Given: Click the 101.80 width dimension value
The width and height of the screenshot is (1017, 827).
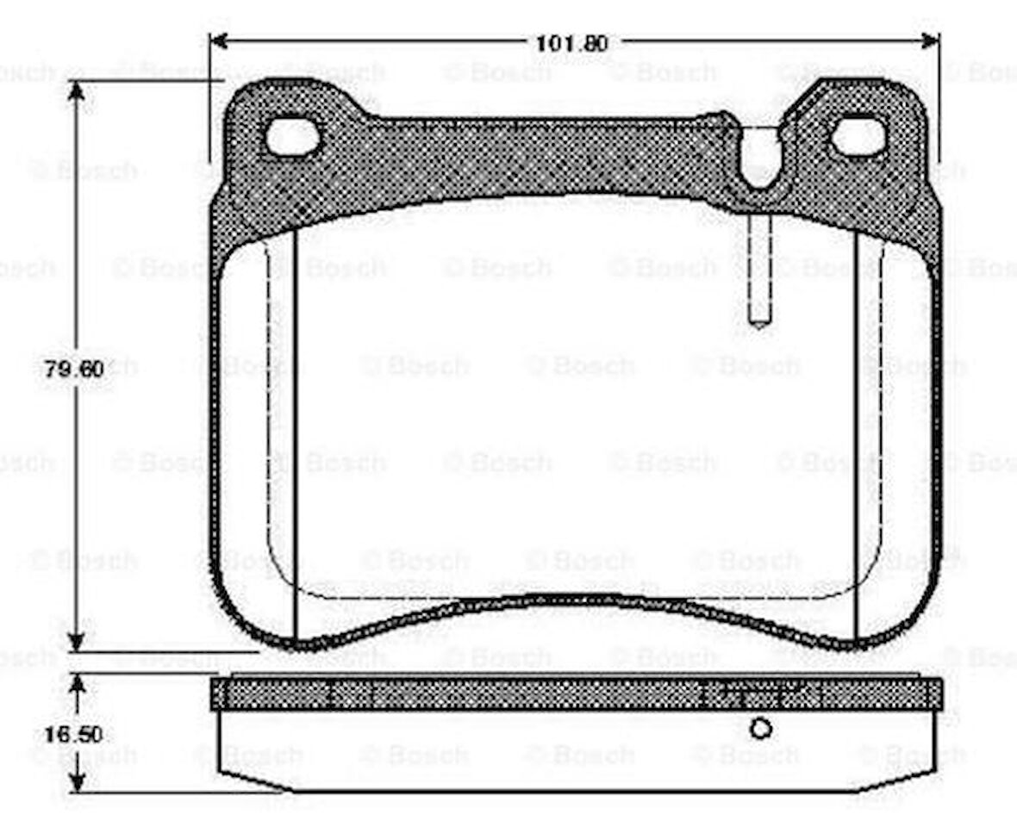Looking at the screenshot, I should [572, 42].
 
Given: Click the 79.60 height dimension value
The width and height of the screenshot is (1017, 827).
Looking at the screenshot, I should [74, 370].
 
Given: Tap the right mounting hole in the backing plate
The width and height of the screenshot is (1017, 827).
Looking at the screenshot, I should [858, 137].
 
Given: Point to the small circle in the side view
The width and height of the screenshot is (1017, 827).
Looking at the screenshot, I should [760, 729].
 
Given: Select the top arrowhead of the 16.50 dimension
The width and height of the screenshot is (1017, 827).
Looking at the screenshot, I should [78, 685].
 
